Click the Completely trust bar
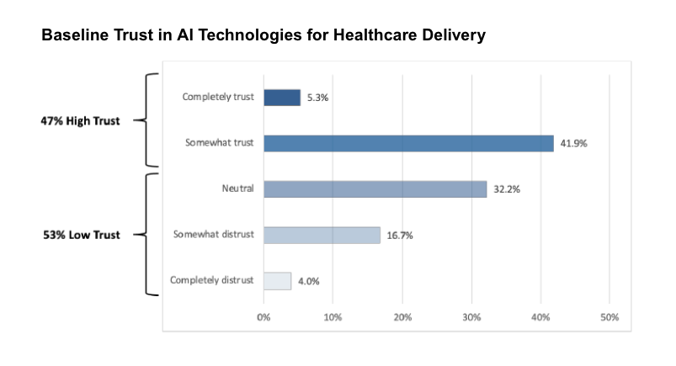coord(282,98)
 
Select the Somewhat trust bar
coord(408,143)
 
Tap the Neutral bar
coord(375,189)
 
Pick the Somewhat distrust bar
coord(322,235)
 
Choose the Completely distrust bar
coord(277,281)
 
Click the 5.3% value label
coord(317,98)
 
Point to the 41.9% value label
coord(573,143)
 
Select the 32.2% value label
coord(507,189)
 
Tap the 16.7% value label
coord(399,236)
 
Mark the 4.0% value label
coord(310,281)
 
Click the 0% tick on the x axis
coord(263,317)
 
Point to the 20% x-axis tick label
coord(402,317)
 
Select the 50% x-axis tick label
coord(609,317)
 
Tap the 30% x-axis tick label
coord(471,317)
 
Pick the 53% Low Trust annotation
coord(81,235)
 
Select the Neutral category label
coord(238,188)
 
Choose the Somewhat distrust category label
coord(214,234)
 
